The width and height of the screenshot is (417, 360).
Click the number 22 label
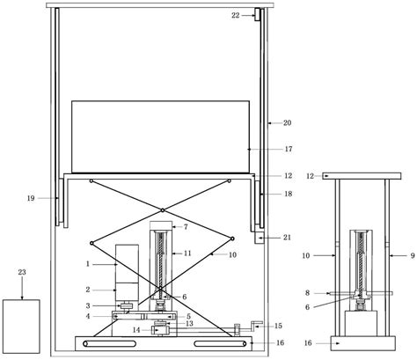click(236, 16)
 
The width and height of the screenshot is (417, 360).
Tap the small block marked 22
click(257, 14)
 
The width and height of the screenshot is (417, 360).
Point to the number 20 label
click(287, 123)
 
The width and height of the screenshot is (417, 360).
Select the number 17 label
click(289, 149)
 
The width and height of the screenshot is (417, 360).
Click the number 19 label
click(31, 198)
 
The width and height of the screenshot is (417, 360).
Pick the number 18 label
click(289, 194)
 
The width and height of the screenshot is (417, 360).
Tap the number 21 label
click(287, 237)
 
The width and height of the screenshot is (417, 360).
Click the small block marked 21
click(260, 237)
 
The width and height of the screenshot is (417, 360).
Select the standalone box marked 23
click(21, 327)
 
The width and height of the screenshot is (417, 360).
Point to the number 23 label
click(22, 272)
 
